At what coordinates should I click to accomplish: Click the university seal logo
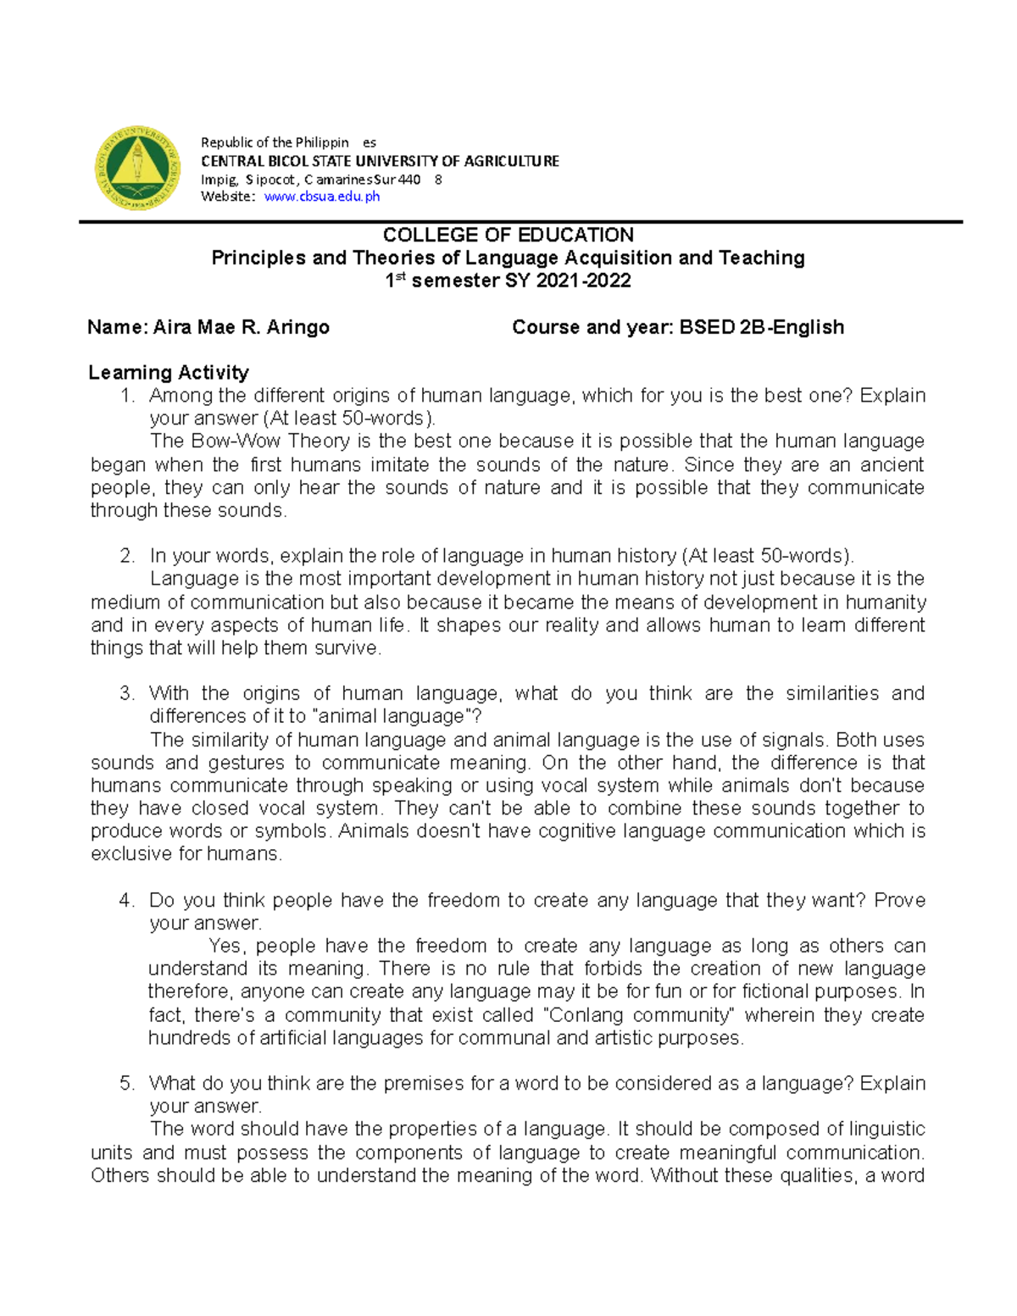(x=137, y=168)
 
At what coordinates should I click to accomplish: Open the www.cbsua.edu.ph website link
(x=321, y=197)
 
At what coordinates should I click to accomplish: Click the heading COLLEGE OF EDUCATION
(x=508, y=235)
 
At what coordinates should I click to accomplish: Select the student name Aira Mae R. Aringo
(x=241, y=327)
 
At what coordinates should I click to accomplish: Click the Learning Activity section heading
(x=169, y=373)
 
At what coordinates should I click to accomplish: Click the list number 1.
(x=128, y=396)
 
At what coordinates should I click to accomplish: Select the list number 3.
(x=127, y=694)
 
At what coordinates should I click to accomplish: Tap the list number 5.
(x=127, y=1084)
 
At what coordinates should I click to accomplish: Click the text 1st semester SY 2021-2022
(x=508, y=281)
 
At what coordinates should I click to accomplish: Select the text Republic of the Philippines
(x=288, y=142)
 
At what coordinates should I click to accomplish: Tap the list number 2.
(x=127, y=557)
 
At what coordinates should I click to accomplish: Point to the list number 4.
(x=127, y=901)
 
